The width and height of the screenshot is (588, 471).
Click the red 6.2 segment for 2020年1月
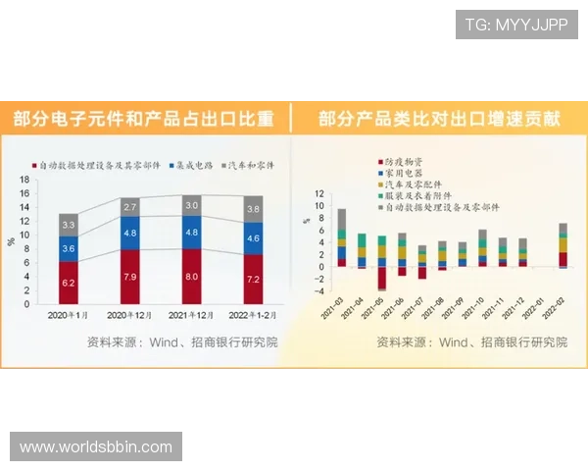click(x=69, y=283)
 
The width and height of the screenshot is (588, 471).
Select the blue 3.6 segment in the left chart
click(x=69, y=249)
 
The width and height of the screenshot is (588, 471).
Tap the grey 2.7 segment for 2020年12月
click(x=129, y=208)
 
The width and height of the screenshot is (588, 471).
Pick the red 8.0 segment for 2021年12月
click(x=192, y=277)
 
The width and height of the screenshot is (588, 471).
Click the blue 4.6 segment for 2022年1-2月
click(x=253, y=238)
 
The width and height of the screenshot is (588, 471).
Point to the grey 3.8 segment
click(x=253, y=209)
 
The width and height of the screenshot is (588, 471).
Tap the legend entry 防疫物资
click(x=402, y=160)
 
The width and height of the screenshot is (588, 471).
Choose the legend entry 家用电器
click(x=402, y=172)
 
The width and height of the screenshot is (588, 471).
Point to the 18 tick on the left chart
click(x=25, y=181)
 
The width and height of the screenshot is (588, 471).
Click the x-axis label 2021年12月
click(x=192, y=316)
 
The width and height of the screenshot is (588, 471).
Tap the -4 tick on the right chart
click(x=319, y=291)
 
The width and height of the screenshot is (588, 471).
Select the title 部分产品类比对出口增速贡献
click(x=440, y=120)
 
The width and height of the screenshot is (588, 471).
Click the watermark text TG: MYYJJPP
click(x=515, y=25)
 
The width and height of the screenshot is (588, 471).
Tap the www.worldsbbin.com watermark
click(x=96, y=447)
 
